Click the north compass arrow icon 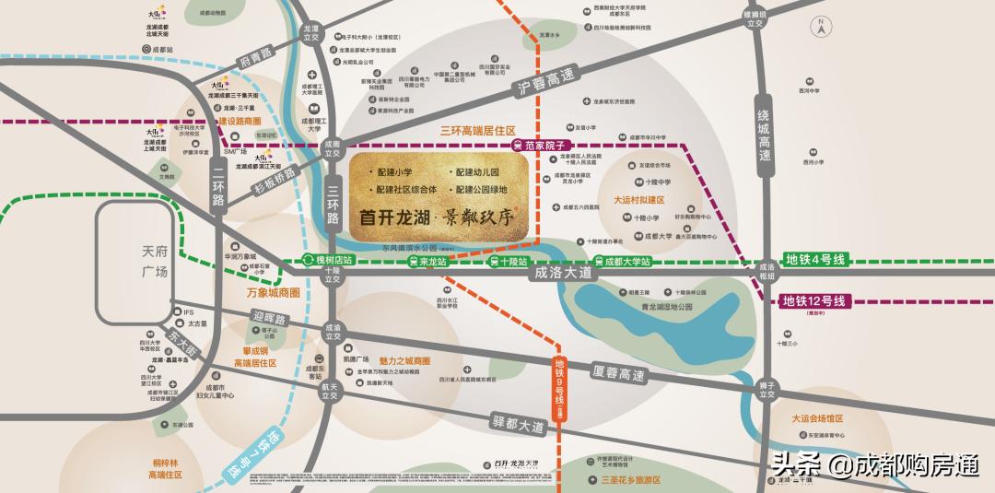coord(818,25)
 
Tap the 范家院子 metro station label coord(544,146)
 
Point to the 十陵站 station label coord(509,262)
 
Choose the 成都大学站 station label coord(622,262)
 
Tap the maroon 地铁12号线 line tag coord(814,300)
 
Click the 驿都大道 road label coord(521,426)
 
